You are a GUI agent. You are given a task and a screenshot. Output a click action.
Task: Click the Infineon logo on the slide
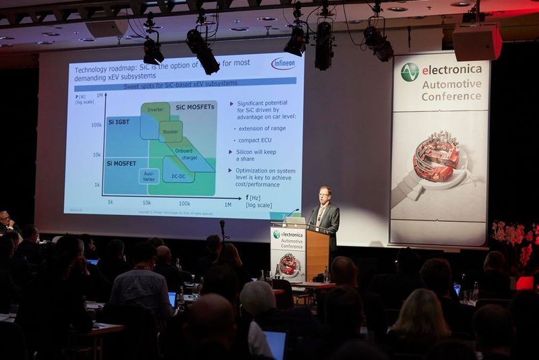283,63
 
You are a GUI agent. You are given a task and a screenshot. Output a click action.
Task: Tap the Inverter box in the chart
155,109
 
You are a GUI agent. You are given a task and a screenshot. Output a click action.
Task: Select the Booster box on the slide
170,131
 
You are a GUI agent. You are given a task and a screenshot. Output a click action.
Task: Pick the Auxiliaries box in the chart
149,177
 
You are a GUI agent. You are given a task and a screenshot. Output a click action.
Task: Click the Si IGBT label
119,122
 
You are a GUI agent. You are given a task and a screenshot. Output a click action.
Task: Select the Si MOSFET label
121,163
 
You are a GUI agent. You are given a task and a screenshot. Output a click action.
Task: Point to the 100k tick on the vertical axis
96,125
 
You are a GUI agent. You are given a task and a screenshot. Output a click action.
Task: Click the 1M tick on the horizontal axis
227,204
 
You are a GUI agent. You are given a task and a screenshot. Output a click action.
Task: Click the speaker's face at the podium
325,195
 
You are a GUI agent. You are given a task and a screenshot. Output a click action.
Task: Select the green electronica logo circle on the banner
410,71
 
